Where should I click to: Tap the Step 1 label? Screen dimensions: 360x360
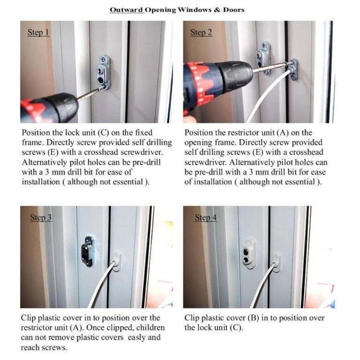(x=38, y=33)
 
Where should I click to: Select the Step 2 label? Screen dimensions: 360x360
(x=201, y=33)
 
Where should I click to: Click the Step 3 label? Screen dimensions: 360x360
(x=41, y=217)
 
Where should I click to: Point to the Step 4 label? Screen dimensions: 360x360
(x=206, y=217)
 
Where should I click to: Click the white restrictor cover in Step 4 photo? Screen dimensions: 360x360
(x=277, y=262)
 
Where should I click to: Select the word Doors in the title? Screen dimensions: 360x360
(x=233, y=9)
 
